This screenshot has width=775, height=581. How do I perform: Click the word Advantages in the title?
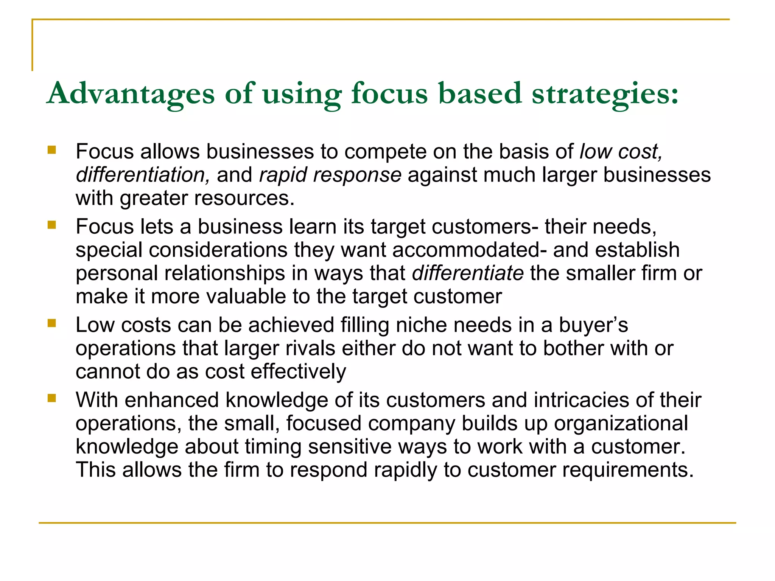[x=131, y=93]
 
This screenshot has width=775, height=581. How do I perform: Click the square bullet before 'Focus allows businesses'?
[x=52, y=150]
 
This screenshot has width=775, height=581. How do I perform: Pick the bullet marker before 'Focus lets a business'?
[x=52, y=225]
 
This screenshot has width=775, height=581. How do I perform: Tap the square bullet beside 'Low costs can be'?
[x=52, y=323]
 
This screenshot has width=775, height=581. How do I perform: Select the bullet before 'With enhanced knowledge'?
[x=52, y=398]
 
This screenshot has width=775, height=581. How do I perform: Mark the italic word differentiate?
[x=468, y=273]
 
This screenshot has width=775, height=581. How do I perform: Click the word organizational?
[x=621, y=423]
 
